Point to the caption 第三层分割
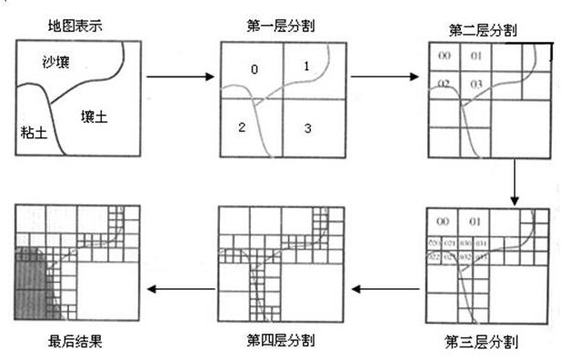pyautogui.click(x=482, y=343)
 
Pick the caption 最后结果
pyautogui.click(x=74, y=341)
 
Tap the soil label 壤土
pyautogui.click(x=95, y=115)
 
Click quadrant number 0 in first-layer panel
pyautogui.click(x=254, y=69)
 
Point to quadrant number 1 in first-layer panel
pyautogui.click(x=306, y=65)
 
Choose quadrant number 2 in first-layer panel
pyautogui.click(x=242, y=127)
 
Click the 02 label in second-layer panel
pyautogui.click(x=444, y=85)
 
